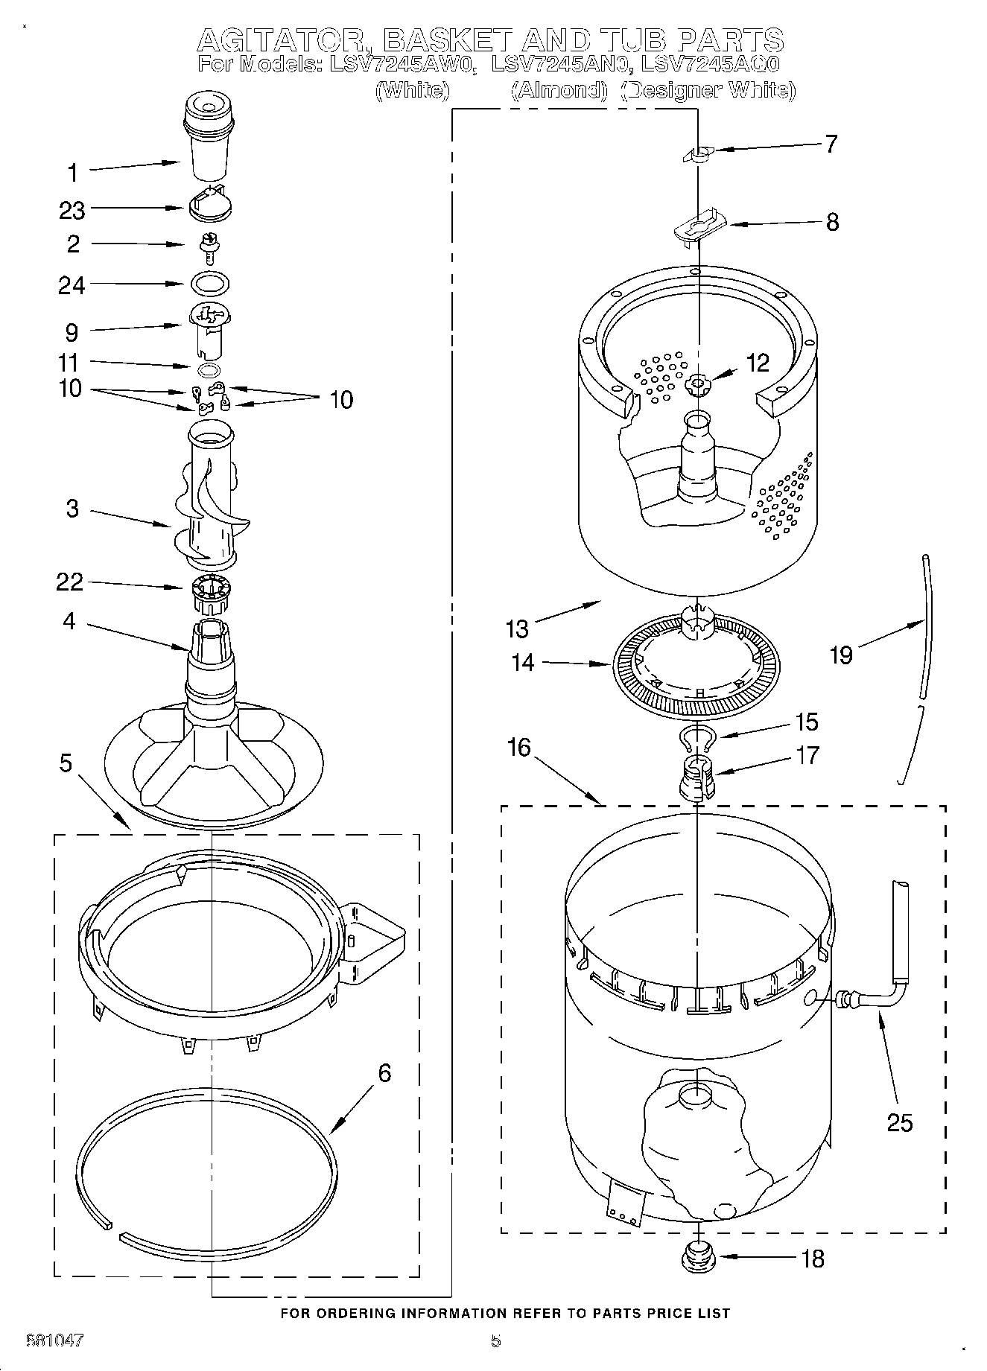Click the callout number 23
(72, 211)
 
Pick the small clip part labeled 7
(698, 153)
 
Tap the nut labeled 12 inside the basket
(699, 384)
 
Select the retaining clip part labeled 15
(698, 738)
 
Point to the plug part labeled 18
(698, 1258)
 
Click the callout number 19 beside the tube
(841, 655)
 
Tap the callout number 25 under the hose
(900, 1122)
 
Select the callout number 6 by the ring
(384, 1073)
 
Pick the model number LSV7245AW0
(401, 64)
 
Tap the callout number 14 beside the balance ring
(523, 662)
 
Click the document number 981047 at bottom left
(54, 1340)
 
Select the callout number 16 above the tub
(519, 747)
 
